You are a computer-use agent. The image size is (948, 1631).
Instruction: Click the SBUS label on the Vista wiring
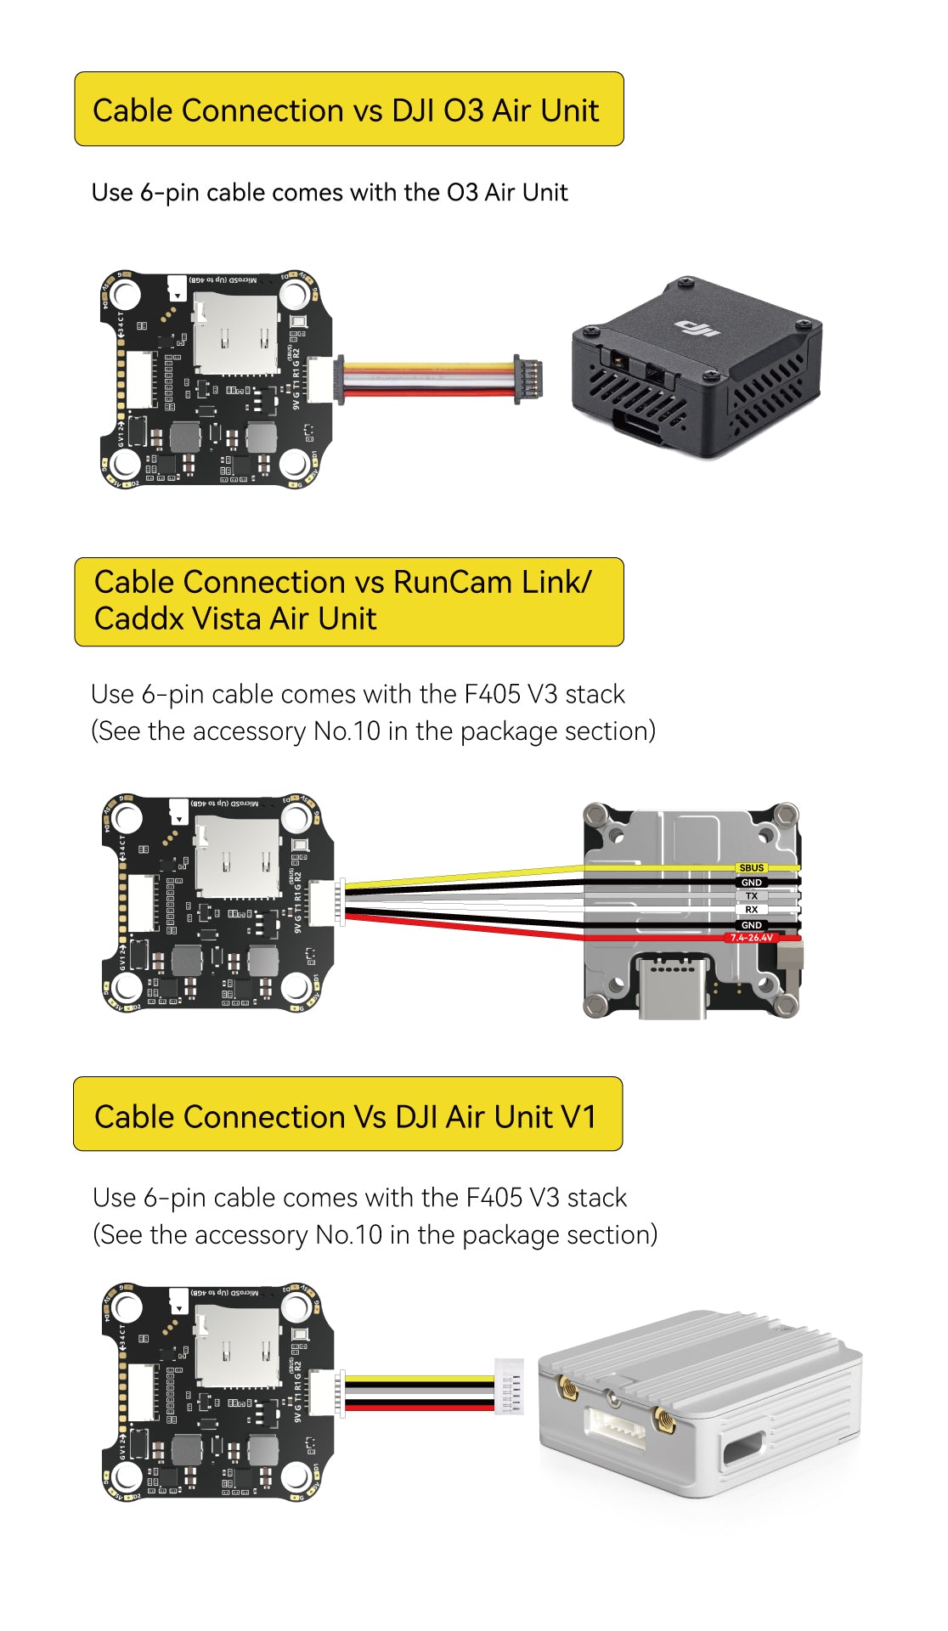click(x=752, y=867)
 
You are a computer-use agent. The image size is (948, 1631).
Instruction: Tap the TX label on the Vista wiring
click(x=752, y=895)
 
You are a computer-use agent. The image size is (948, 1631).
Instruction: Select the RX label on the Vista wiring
click(x=752, y=909)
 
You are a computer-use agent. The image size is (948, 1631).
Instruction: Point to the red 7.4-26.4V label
click(x=752, y=938)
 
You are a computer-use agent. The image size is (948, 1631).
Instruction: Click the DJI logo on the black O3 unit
click(x=696, y=326)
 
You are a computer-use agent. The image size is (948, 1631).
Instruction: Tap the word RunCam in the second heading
click(x=452, y=583)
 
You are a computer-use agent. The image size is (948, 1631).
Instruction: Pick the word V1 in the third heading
click(x=578, y=1116)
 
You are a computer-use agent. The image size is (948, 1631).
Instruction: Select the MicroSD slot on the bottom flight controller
click(x=236, y=1346)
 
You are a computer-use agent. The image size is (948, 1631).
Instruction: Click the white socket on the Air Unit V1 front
click(x=614, y=1427)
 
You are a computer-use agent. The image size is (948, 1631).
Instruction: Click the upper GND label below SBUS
click(x=752, y=882)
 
